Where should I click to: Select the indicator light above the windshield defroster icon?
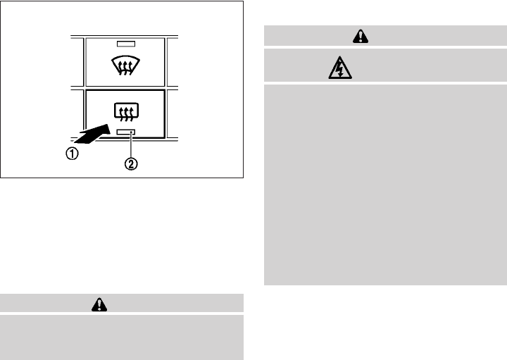pos(125,44)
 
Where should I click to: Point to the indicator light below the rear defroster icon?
pos(124,132)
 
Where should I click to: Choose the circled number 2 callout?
pos(130,165)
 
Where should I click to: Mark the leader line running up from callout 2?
pos(130,147)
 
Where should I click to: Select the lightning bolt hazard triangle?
pos(340,68)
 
